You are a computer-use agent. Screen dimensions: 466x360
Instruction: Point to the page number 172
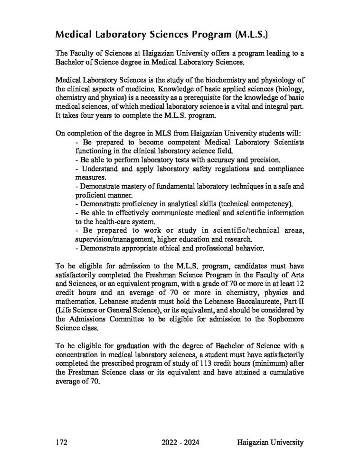[x=62, y=442]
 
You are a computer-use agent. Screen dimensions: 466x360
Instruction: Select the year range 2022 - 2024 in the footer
[x=180, y=442]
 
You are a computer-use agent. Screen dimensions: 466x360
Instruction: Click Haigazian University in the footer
[x=269, y=442]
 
